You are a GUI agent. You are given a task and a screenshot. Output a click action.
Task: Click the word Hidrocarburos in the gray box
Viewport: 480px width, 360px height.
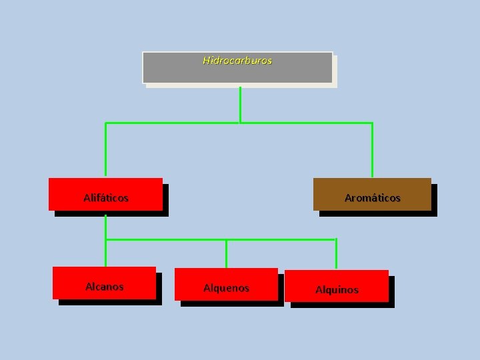[x=237, y=60]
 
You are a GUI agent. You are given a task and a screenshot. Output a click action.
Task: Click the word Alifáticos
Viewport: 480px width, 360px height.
[x=106, y=198]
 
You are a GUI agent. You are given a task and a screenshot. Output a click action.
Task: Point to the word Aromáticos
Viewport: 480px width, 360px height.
[x=372, y=198]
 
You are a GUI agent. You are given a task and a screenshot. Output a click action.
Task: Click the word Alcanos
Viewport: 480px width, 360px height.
[x=105, y=287]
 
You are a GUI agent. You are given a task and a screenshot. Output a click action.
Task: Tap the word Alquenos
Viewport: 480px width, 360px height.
[x=226, y=288]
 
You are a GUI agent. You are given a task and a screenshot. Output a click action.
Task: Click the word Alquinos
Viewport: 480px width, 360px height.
[x=337, y=290]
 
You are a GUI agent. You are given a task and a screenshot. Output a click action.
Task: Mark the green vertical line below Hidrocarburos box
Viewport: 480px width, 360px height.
[x=240, y=103]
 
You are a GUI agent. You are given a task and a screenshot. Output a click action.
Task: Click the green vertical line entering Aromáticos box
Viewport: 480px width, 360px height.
[x=372, y=150]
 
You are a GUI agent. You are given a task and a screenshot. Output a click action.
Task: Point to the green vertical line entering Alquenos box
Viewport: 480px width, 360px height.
[x=227, y=253]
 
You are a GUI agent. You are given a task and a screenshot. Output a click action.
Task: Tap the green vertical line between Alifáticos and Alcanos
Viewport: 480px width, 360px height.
[x=105, y=250]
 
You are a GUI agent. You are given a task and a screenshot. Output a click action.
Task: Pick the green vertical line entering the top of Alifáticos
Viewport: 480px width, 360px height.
[x=105, y=150]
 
